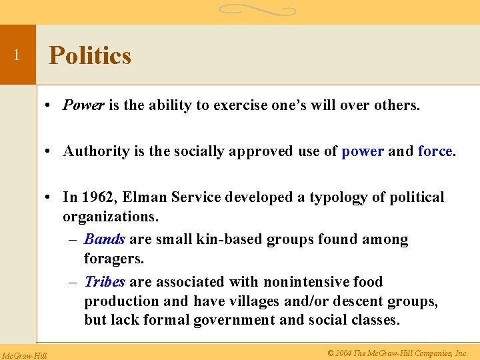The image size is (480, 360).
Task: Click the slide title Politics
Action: pyautogui.click(x=90, y=55)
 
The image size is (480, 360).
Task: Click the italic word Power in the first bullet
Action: pyautogui.click(x=83, y=105)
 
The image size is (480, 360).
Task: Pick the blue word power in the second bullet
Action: pyautogui.click(x=362, y=151)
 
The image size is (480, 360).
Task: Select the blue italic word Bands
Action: pyautogui.click(x=105, y=239)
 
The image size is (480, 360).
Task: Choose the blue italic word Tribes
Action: pyautogui.click(x=105, y=282)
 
